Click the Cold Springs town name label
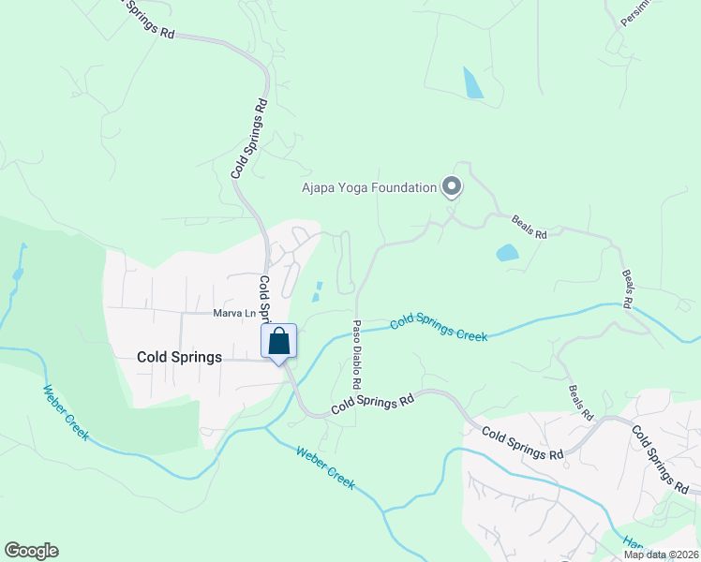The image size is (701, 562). pos(179,357)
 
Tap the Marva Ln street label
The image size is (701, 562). pos(233,314)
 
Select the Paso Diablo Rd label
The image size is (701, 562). pos(357,357)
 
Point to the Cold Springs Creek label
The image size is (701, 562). pos(439,327)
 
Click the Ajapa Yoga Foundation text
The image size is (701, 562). pos(369,187)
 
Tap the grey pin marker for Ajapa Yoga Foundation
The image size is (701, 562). pos(452,187)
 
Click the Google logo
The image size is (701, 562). pos(31,551)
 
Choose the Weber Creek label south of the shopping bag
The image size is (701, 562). pos(325,466)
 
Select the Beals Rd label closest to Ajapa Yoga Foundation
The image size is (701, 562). pos(529,228)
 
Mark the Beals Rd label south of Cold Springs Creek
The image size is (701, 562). pos(581,401)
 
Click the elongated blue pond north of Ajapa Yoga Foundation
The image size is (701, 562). pos(473,83)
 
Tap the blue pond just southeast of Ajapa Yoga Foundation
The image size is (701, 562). pos(507,253)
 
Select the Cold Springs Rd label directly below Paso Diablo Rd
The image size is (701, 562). pos(372,404)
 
